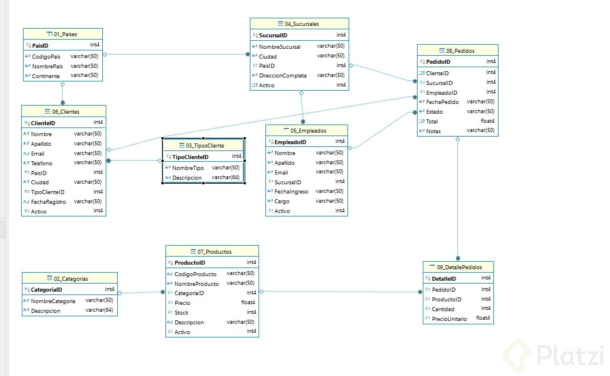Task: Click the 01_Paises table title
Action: pyautogui.click(x=65, y=34)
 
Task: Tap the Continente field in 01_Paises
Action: pyautogui.click(x=46, y=76)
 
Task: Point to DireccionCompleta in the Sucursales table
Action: pyautogui.click(x=283, y=75)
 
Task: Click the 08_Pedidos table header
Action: pyautogui.click(x=460, y=51)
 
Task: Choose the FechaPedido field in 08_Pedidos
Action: pyautogui.click(x=442, y=102)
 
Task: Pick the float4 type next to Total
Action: pyautogui.click(x=488, y=121)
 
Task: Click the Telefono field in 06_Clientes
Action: pyautogui.click(x=41, y=163)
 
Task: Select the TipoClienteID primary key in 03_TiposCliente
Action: pyautogui.click(x=190, y=157)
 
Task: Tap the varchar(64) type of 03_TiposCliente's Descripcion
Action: pyautogui.click(x=226, y=177)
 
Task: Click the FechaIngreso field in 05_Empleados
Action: pyautogui.click(x=291, y=192)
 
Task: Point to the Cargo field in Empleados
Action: pyautogui.click(x=282, y=201)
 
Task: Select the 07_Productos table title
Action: pyautogui.click(x=214, y=252)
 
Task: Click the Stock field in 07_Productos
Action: pyautogui.click(x=182, y=313)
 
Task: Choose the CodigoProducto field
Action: pyautogui.click(x=195, y=274)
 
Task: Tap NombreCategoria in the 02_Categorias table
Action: pyautogui.click(x=53, y=301)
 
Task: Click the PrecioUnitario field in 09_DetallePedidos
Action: pyautogui.click(x=449, y=319)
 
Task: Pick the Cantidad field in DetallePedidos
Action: pyautogui.click(x=443, y=309)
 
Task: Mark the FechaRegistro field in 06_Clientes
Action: pyautogui.click(x=49, y=202)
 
